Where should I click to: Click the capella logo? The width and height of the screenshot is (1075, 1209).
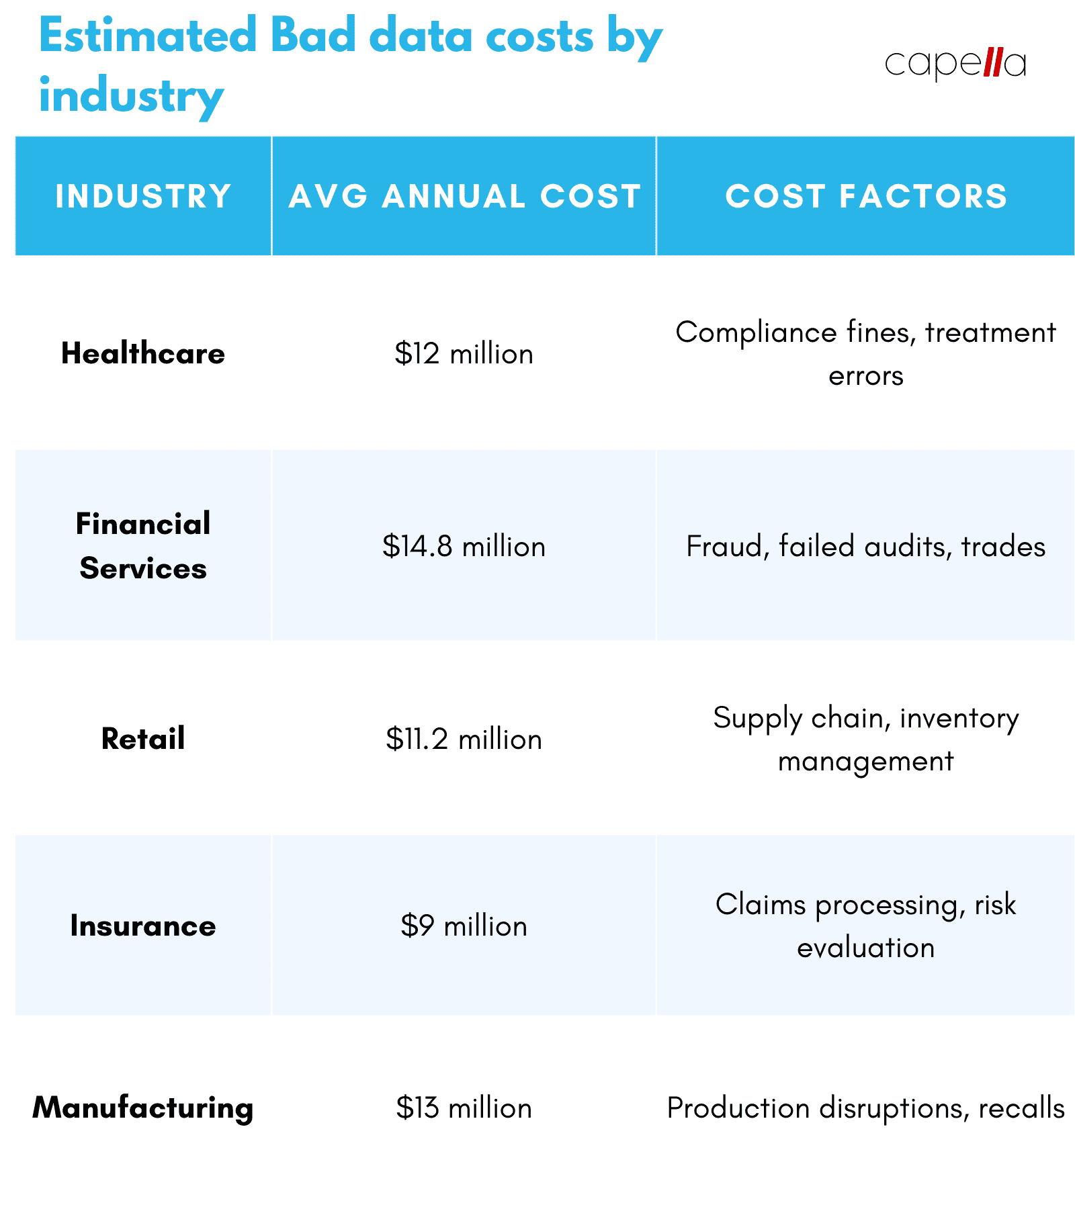(x=955, y=64)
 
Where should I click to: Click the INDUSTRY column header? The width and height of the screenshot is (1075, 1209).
(x=143, y=196)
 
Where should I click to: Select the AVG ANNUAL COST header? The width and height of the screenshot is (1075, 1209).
(x=464, y=196)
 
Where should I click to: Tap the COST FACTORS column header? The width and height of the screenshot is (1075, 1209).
(x=866, y=196)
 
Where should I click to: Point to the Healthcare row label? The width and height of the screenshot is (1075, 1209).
(x=143, y=353)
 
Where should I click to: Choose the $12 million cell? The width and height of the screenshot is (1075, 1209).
(x=464, y=354)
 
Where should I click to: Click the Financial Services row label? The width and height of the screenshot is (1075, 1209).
(x=143, y=546)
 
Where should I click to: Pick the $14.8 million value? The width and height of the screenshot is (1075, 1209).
(x=464, y=546)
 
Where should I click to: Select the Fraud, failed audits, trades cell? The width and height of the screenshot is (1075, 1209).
(x=866, y=546)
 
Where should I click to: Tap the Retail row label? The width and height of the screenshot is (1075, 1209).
(x=143, y=739)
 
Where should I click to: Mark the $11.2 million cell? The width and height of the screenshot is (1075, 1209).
(x=464, y=739)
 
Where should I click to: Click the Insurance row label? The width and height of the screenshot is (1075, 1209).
(x=143, y=926)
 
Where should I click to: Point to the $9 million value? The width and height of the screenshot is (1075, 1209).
(x=464, y=926)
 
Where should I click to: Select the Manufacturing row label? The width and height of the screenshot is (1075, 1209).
(x=143, y=1108)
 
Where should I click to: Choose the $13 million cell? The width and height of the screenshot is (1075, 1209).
(x=464, y=1108)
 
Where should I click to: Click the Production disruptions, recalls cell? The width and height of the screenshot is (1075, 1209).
(x=866, y=1108)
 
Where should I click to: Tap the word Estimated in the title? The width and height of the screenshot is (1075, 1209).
(x=148, y=36)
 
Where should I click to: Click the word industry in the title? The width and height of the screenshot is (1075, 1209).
(x=131, y=96)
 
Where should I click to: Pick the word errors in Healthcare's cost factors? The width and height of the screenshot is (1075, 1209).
(x=866, y=376)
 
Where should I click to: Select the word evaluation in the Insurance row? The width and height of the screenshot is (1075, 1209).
(x=866, y=948)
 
